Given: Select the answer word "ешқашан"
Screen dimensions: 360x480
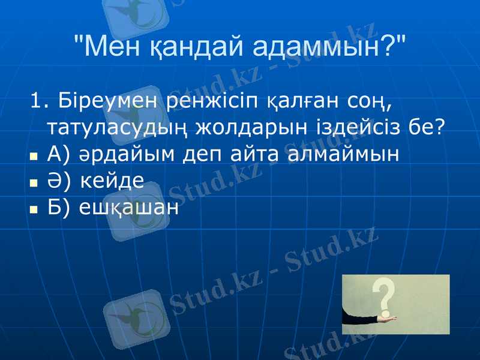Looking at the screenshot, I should point(129,208).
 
